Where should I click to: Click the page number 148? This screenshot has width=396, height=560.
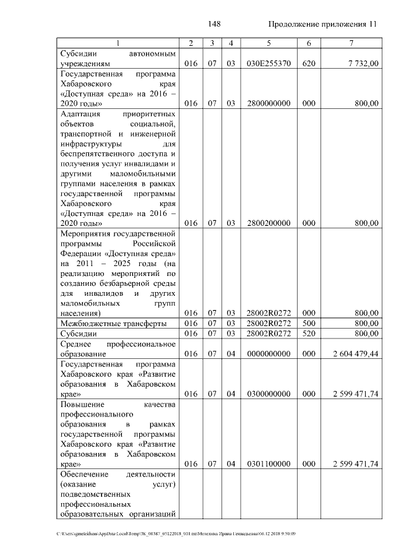(x=215, y=24)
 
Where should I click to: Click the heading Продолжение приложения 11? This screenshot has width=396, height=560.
(x=322, y=24)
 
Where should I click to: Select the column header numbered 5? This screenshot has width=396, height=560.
(x=269, y=43)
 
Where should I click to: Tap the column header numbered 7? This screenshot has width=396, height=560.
(x=351, y=43)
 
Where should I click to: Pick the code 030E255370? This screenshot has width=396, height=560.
(x=269, y=63)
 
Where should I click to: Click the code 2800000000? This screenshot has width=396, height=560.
(x=269, y=103)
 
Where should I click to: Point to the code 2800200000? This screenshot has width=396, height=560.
(x=269, y=223)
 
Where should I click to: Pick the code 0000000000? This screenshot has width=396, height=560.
(x=269, y=353)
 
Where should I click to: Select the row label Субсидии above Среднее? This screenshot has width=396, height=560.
(x=77, y=334)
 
